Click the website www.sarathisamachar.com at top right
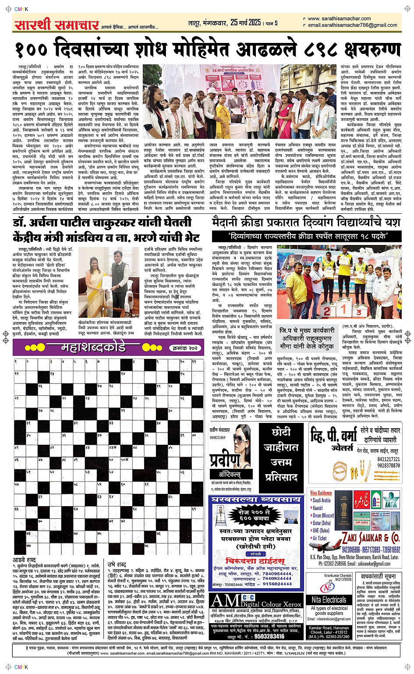(x=339, y=19)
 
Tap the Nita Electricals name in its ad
(x=329, y=600)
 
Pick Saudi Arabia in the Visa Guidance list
(x=322, y=500)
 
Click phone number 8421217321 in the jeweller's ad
(x=388, y=460)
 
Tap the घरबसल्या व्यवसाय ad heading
(x=256, y=499)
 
